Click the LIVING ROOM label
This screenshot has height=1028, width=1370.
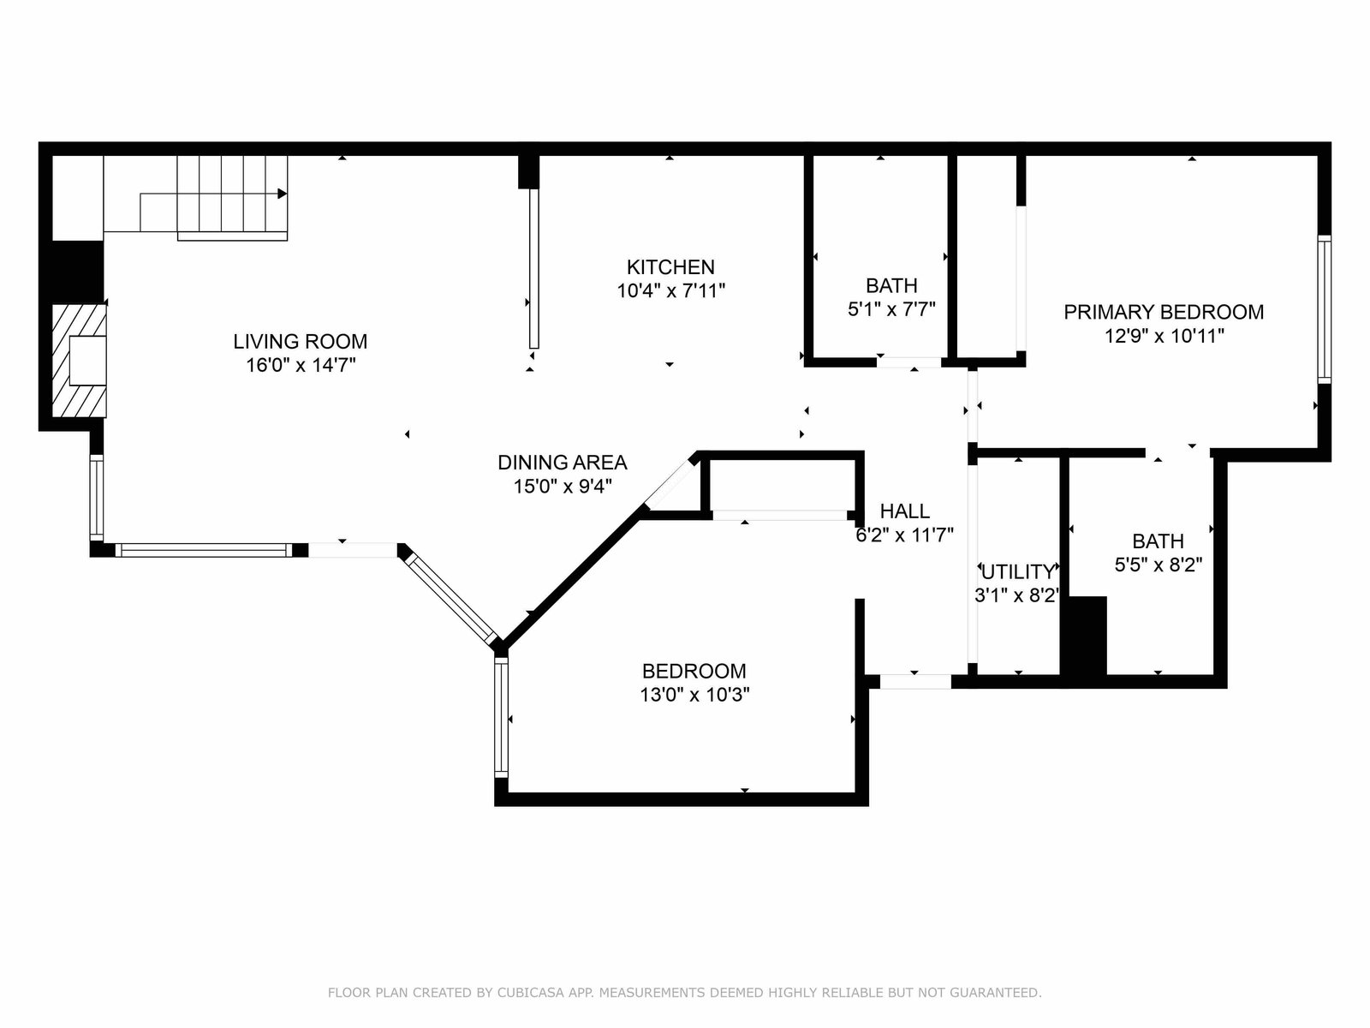[x=301, y=342]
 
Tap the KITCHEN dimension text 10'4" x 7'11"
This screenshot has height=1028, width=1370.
[x=671, y=291]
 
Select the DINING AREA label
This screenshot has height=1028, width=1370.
[x=563, y=463]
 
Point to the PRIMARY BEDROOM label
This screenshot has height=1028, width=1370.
[x=1164, y=312]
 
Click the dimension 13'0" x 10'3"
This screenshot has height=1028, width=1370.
[x=694, y=695]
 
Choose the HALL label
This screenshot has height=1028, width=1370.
[x=905, y=511]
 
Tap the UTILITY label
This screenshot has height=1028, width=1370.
[x=1018, y=571]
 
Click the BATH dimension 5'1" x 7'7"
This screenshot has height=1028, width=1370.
[x=892, y=309]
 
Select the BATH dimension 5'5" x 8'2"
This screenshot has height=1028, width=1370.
[x=1159, y=565]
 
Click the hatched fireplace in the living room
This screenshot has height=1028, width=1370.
[x=79, y=360]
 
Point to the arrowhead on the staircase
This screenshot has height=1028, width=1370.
[x=282, y=194]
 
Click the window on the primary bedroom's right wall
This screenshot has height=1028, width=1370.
[x=1325, y=309]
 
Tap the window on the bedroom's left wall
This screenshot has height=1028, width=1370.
[x=501, y=718]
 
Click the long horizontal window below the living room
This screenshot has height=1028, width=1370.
[x=204, y=550]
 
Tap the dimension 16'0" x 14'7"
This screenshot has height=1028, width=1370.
[x=301, y=365]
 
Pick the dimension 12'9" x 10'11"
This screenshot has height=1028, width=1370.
[x=1164, y=337]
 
